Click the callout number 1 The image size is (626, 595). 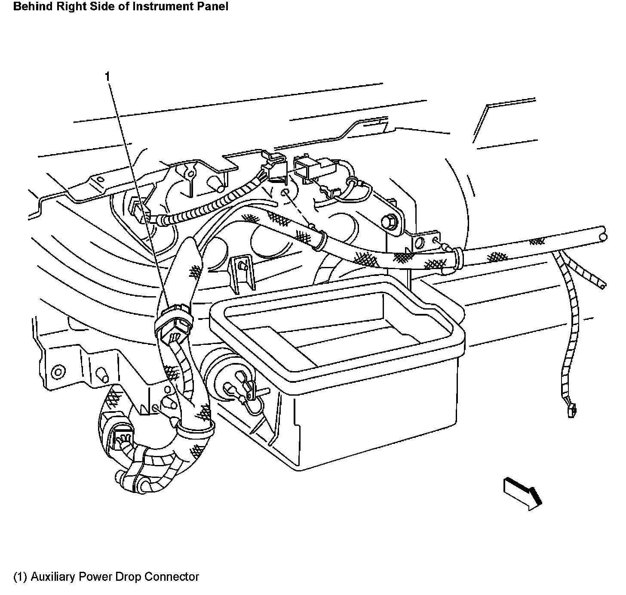[107, 77]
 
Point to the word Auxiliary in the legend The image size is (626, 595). [51, 576]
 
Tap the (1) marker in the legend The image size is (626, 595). [20, 576]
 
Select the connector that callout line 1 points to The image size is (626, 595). [173, 323]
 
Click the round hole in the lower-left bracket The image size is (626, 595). [57, 372]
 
